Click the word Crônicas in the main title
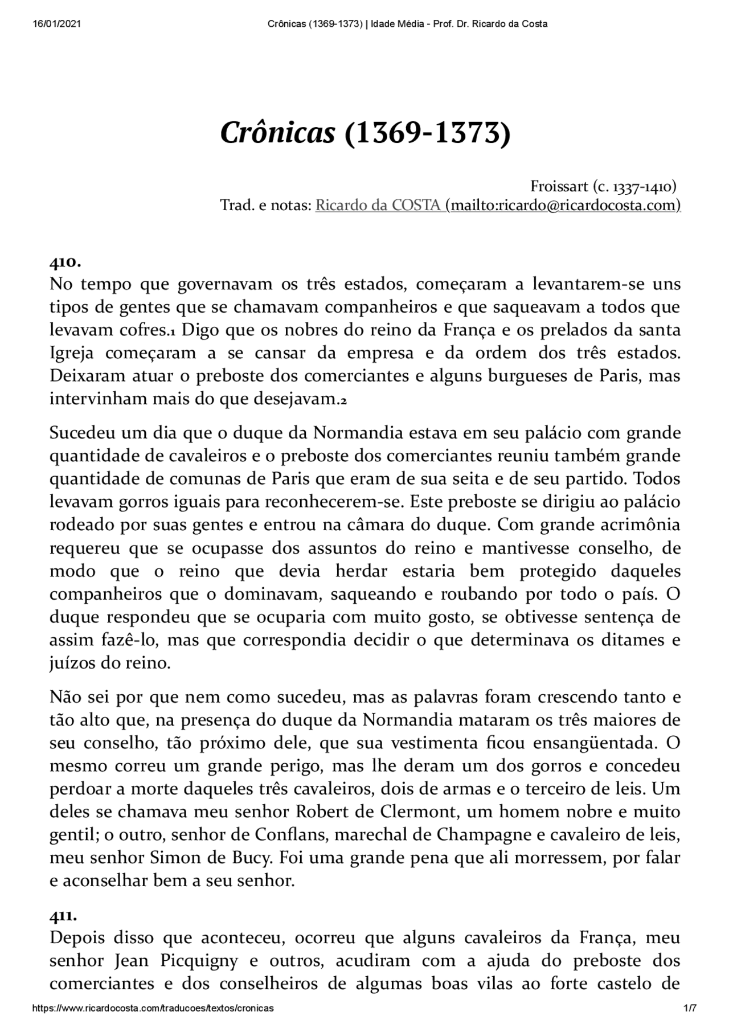277,133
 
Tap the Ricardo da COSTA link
379,206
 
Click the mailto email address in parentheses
563,206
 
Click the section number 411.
63,916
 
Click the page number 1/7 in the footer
689,1008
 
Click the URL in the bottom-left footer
153,1008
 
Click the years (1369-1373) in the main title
428,133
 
